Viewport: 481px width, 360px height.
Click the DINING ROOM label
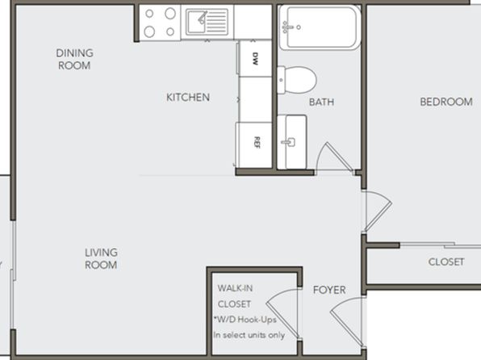pyautogui.click(x=74, y=59)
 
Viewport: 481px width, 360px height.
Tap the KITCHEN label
pyautogui.click(x=188, y=98)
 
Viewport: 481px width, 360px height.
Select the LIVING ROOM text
pyautogui.click(x=101, y=259)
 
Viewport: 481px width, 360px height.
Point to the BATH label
pyautogui.click(x=321, y=102)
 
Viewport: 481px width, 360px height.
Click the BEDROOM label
pyautogui.click(x=446, y=102)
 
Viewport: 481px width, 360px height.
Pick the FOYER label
pyautogui.click(x=329, y=290)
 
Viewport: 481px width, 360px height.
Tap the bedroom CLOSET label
pyautogui.click(x=446, y=262)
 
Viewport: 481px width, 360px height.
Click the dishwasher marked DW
pyautogui.click(x=255, y=58)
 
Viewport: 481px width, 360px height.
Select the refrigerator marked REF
pyautogui.click(x=254, y=144)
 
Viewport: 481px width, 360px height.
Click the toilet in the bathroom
pyautogui.click(x=297, y=80)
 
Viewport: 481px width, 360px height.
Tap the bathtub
pyautogui.click(x=320, y=27)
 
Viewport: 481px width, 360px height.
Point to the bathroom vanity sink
pyautogui.click(x=291, y=142)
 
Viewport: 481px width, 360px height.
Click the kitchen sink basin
pyautogui.click(x=197, y=22)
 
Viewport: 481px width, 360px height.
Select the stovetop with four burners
pyautogui.click(x=160, y=23)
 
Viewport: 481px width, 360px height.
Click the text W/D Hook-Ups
pyautogui.click(x=245, y=320)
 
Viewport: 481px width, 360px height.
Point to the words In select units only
pyautogui.click(x=249, y=335)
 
